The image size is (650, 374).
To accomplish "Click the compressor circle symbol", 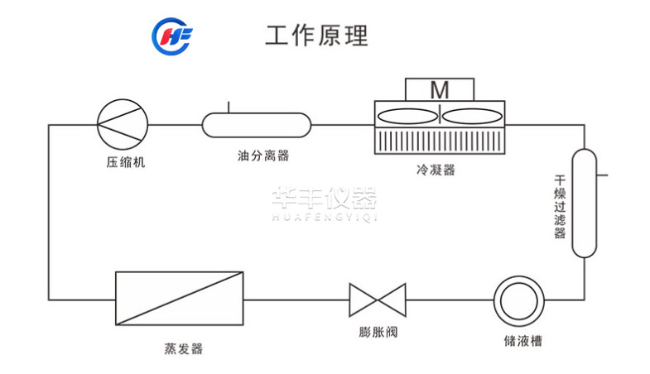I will pos(123,125).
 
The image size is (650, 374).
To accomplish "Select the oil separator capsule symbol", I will pos(257,125).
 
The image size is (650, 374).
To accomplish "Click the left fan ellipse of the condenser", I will pos(407,117).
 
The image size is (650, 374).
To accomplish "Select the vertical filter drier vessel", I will pos(584,204).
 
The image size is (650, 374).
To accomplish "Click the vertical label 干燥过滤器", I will pos(560,207).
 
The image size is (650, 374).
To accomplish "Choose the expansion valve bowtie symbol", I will pos(378,299).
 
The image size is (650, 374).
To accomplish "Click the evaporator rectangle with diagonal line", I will pos(180,299).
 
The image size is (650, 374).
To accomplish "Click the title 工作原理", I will pos(316,36).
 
